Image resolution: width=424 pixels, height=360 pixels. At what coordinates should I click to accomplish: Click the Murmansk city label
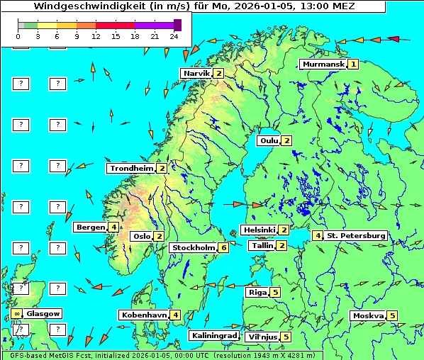click(323, 64)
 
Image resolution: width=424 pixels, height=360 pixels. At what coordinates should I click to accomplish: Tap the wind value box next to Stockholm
click(223, 247)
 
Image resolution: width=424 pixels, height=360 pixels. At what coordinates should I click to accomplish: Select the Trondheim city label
click(131, 169)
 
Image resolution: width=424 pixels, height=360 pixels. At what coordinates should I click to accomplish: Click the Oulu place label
click(269, 140)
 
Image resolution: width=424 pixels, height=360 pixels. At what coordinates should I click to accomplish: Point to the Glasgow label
click(43, 313)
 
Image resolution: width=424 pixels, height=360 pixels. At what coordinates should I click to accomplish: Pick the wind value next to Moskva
click(392, 316)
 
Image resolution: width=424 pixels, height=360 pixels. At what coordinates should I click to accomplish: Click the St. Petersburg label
click(355, 235)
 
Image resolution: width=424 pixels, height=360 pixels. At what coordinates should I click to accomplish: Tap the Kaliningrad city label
click(213, 336)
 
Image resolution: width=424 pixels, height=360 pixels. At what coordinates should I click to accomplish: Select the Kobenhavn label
click(143, 315)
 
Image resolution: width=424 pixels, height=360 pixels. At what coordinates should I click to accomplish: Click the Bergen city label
click(90, 227)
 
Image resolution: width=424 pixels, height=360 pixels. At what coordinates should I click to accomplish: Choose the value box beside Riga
click(275, 292)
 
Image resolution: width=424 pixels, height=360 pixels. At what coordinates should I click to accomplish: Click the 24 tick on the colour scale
click(174, 36)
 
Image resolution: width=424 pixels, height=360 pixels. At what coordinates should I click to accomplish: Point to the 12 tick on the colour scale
click(96, 36)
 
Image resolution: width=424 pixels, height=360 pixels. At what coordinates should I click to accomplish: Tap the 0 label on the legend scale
click(18, 36)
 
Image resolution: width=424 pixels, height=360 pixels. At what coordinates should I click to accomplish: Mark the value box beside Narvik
click(218, 73)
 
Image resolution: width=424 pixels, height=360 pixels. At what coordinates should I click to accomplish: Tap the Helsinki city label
click(259, 230)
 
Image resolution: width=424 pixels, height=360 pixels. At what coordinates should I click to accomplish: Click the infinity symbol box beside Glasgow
click(16, 313)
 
